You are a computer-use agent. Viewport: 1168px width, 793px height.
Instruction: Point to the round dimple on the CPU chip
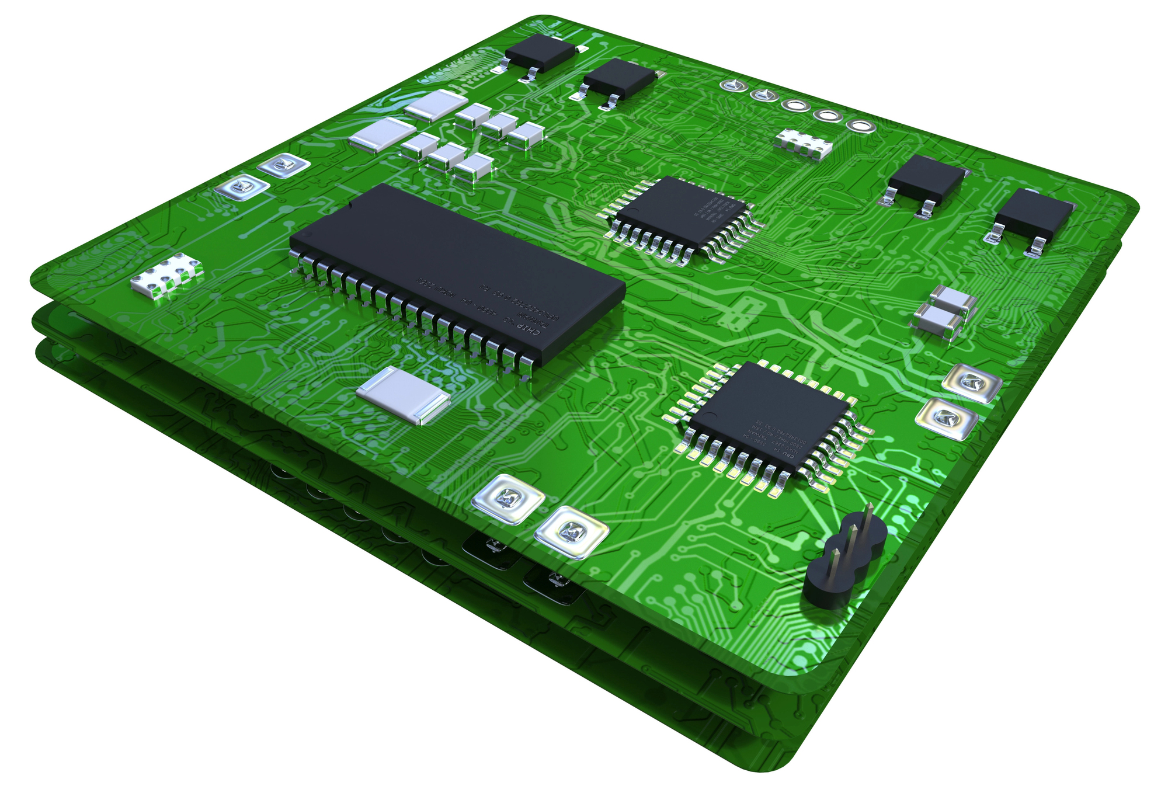(712, 416)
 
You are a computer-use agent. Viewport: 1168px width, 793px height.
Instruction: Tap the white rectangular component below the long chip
(403, 395)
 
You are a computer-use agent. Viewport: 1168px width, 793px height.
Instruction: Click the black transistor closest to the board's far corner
(540, 53)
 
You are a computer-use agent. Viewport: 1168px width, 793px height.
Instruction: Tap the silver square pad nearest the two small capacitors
(972, 382)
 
